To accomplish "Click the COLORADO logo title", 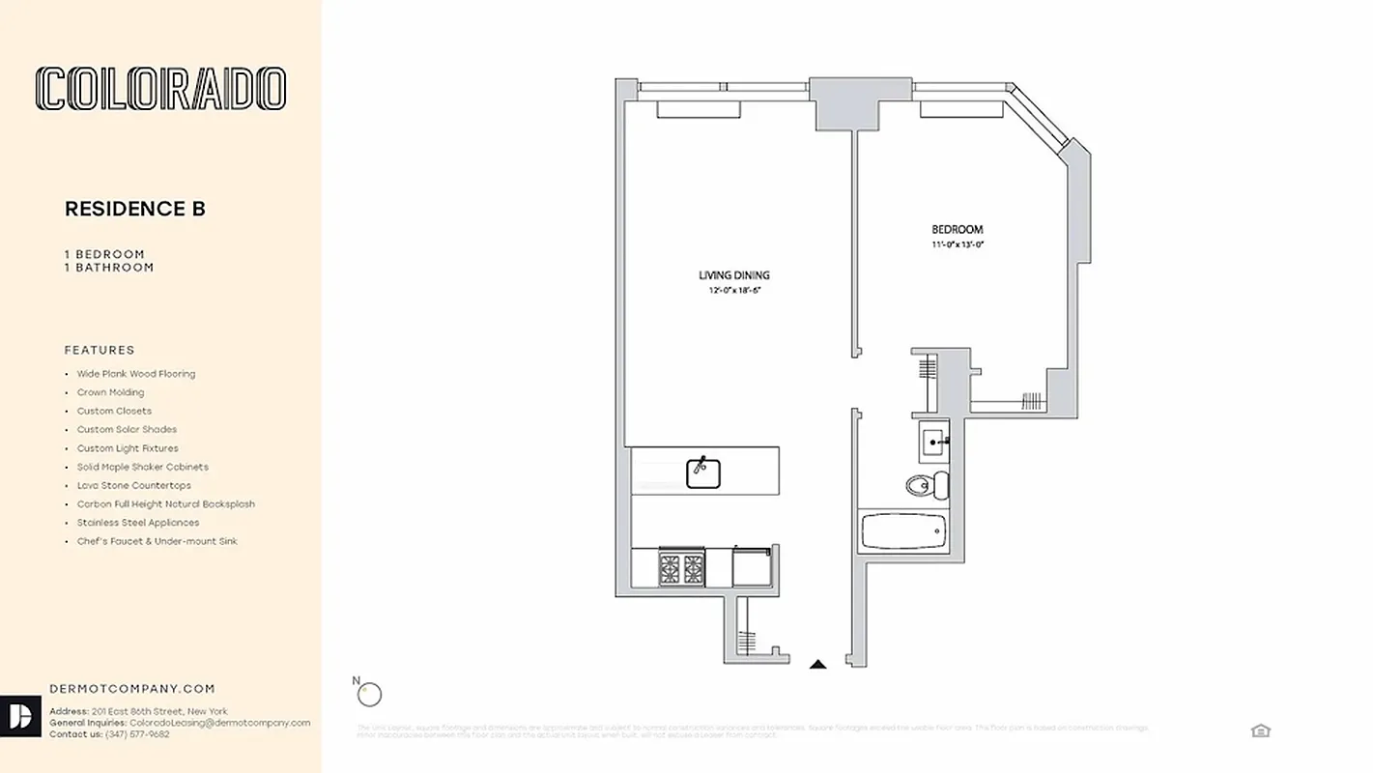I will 160,89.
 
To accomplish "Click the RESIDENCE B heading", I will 135,209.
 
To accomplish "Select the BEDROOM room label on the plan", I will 957,230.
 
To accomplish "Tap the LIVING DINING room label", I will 734,275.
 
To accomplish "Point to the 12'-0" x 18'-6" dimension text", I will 735,290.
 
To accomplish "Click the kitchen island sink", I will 703,472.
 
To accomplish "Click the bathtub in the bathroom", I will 904,531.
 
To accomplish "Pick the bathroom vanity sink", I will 934,444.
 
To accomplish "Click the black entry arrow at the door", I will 817,664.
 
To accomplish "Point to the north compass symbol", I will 369,693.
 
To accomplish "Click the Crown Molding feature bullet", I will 110,392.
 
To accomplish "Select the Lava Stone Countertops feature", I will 133,485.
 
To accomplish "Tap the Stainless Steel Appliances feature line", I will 138,523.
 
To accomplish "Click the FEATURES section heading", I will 100,350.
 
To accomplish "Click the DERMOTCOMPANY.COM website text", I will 131,689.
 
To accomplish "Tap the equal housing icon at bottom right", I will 1260,730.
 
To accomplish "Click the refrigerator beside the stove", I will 753,566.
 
